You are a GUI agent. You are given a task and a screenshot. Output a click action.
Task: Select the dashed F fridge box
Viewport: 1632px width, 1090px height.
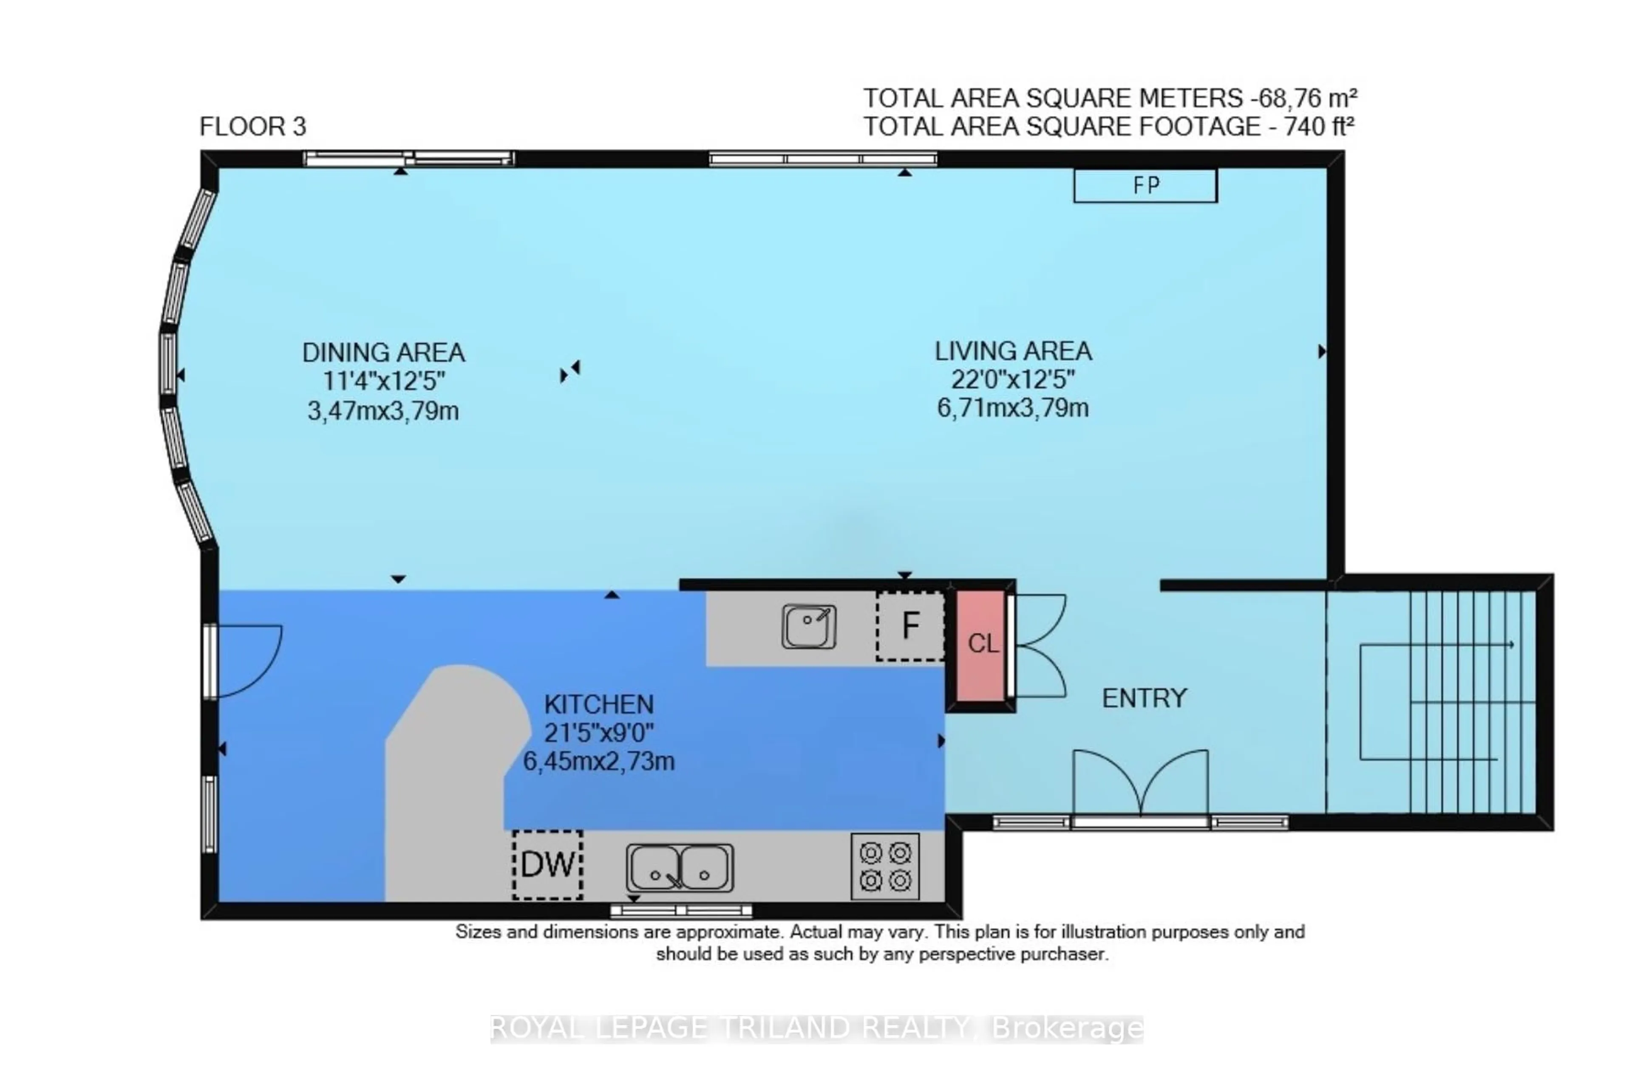tap(909, 626)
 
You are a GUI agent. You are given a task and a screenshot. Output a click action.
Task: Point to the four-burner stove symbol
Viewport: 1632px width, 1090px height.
tap(884, 866)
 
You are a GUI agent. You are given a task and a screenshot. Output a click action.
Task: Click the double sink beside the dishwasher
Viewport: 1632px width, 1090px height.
tap(680, 867)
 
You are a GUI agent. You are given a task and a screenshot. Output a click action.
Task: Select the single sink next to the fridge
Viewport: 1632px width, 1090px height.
tap(808, 626)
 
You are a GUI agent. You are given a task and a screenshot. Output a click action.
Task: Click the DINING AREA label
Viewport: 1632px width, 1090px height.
tap(383, 353)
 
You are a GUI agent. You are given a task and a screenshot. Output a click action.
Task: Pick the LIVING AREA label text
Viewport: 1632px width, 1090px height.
tap(1012, 351)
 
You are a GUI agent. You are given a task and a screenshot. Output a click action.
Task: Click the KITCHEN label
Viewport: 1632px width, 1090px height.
tap(599, 705)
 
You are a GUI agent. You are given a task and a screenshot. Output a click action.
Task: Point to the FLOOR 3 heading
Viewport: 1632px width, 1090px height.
tap(252, 127)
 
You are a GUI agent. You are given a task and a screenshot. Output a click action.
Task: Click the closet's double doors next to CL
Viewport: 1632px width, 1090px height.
tap(1040, 646)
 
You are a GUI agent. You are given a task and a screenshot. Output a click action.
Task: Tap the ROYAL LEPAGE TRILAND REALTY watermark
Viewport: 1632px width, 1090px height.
tap(816, 1028)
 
